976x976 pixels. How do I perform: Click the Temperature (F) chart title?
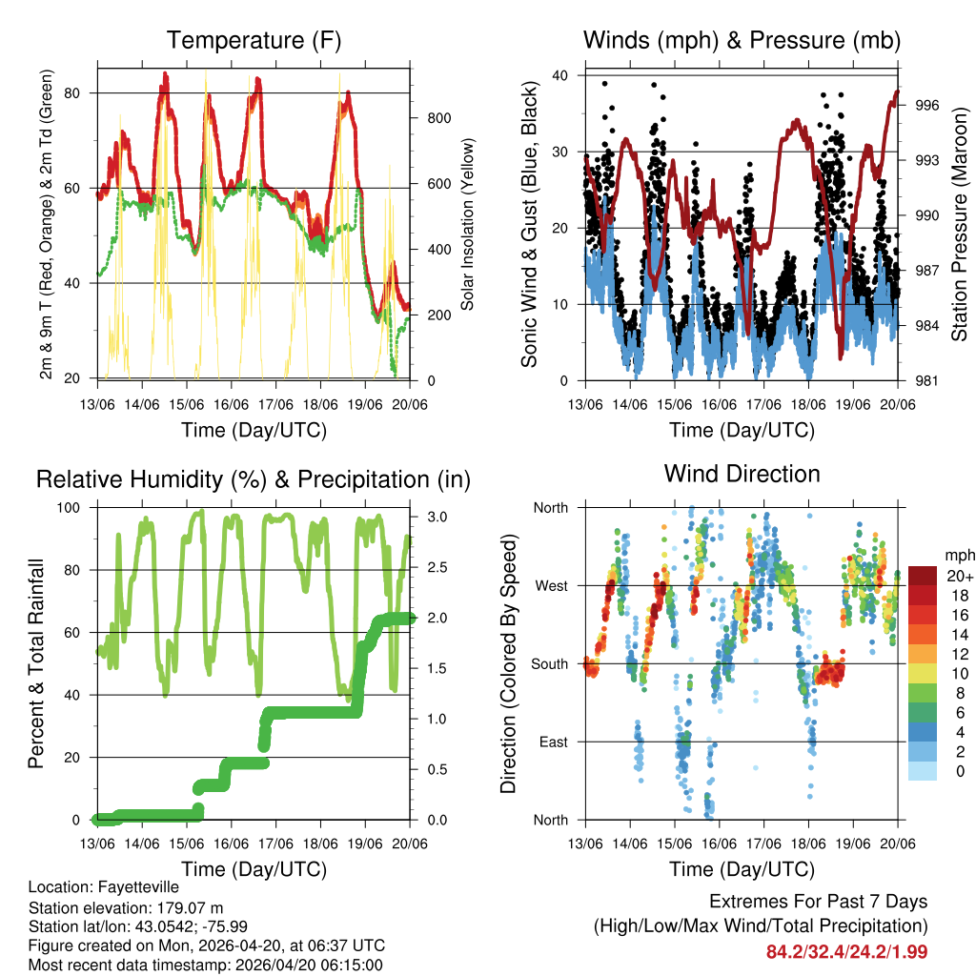click(254, 40)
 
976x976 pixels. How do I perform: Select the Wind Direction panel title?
click(742, 474)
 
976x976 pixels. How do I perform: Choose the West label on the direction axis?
click(549, 585)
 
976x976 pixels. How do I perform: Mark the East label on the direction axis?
click(551, 742)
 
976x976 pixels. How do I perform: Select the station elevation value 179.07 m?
click(180, 907)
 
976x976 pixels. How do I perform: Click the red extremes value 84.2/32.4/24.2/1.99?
click(846, 951)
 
